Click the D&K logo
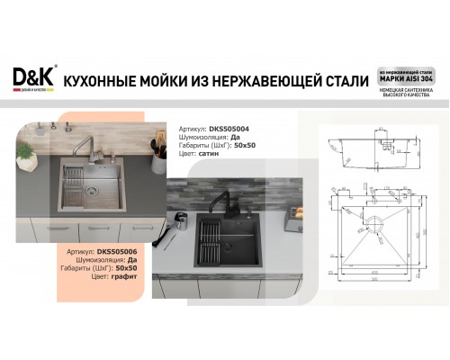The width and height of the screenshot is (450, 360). pos(33,78)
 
